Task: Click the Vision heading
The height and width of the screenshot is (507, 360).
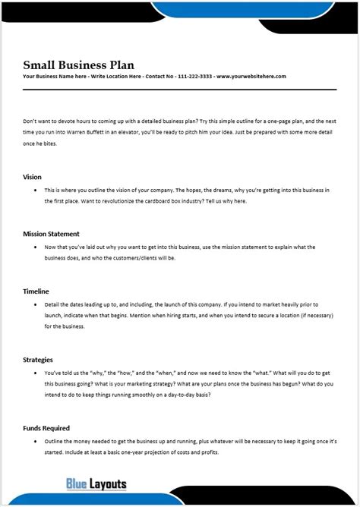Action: [33, 176]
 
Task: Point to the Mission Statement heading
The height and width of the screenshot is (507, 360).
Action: [51, 234]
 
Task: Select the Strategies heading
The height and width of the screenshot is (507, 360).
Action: [38, 359]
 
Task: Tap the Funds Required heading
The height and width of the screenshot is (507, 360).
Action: [46, 427]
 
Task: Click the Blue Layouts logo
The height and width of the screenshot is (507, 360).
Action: [96, 483]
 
